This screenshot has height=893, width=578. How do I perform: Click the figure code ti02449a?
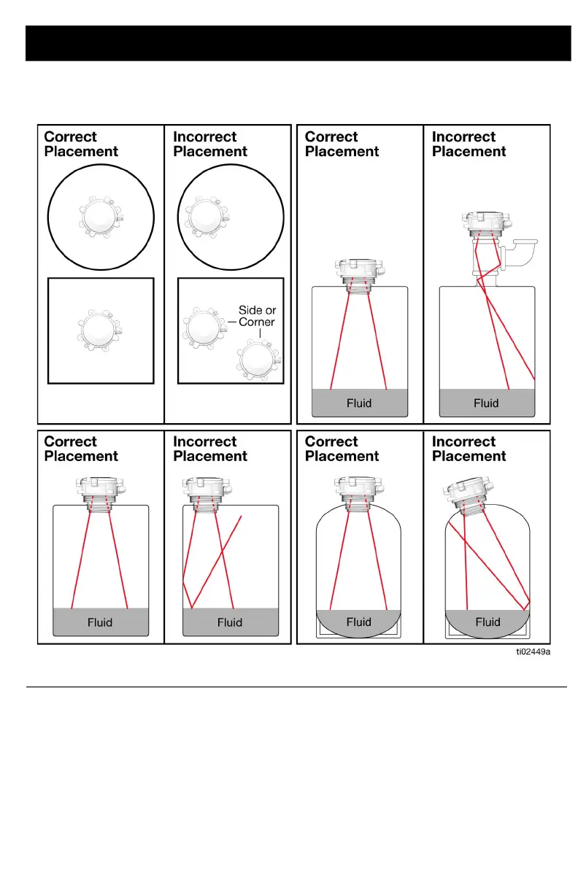(x=531, y=653)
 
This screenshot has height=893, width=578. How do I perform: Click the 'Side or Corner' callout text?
(x=257, y=316)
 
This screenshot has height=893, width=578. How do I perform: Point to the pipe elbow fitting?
(x=522, y=255)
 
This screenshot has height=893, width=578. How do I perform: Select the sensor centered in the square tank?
(x=101, y=330)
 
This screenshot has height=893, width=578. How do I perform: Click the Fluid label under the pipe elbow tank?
(x=486, y=403)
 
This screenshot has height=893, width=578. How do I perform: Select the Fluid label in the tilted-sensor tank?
(x=488, y=622)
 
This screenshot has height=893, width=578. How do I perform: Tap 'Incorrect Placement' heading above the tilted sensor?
(x=469, y=449)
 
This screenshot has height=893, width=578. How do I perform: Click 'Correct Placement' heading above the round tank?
(x=80, y=144)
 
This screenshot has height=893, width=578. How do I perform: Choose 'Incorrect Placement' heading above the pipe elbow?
(x=469, y=144)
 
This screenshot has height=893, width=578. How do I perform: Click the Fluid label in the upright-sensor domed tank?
(x=358, y=622)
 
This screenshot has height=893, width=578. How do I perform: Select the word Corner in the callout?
(x=257, y=322)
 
